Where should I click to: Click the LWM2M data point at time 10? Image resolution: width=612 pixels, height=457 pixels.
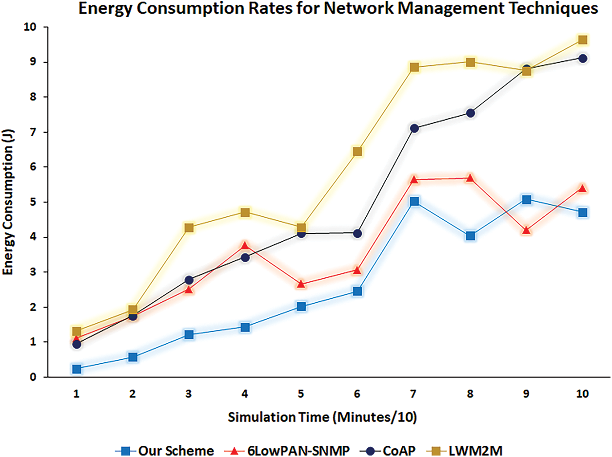pos(582,40)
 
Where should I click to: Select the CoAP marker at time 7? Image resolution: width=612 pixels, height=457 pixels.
pos(414,128)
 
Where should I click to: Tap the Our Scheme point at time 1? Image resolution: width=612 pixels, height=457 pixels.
pos(77,369)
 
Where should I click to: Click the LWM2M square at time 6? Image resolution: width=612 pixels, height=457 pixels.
pos(357,151)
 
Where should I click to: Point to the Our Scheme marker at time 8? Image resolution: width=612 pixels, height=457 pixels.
pos(470,236)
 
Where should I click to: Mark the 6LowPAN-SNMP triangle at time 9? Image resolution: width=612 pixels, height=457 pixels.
pos(526,230)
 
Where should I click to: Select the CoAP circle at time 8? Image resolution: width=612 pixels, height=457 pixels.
pos(470,113)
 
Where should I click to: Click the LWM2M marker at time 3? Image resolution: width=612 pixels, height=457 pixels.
pos(189,228)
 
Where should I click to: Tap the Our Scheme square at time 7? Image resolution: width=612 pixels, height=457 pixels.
pos(414,201)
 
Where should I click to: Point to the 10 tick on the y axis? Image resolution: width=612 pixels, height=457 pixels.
pos(31,27)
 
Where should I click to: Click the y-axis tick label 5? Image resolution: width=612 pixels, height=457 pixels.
pos(33,202)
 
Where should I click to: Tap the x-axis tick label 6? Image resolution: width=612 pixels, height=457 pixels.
pos(357,394)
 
